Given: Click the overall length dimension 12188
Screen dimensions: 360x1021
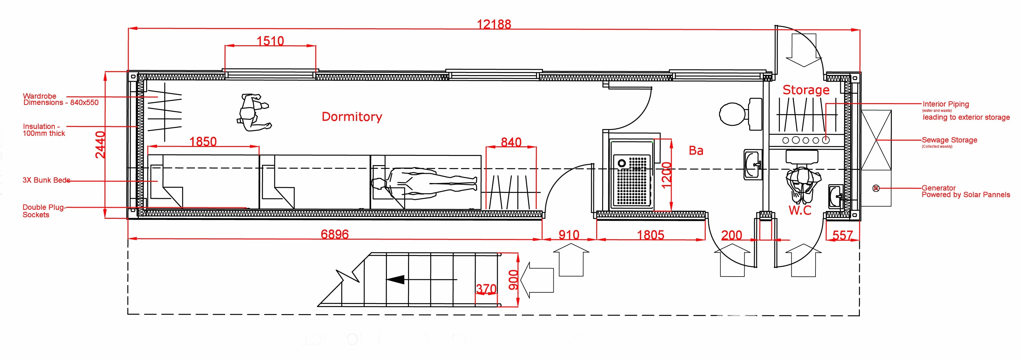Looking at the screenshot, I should click(494, 24).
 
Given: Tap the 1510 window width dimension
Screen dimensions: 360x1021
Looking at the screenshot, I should click(270, 41).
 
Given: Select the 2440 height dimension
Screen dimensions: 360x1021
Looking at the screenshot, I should click(100, 145).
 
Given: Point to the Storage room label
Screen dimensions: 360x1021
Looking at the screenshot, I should click(806, 90).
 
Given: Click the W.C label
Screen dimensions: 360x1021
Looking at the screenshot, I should click(800, 210).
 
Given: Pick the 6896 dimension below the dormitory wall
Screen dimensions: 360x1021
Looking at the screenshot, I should click(334, 234).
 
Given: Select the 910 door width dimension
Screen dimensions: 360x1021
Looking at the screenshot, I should click(569, 235).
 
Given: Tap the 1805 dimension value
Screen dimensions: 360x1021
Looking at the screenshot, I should click(650, 235).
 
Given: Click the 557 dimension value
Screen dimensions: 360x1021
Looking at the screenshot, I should click(842, 235).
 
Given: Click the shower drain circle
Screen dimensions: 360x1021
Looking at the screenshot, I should click(622, 163).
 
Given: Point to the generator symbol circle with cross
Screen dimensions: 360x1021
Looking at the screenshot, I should click(876, 188).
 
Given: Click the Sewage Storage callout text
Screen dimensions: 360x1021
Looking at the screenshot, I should click(949, 140).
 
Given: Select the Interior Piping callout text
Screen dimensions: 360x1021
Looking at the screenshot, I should click(946, 104).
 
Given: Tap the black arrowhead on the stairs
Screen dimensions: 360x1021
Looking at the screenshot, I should click(396, 280).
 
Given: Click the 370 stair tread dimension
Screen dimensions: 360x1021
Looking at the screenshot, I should click(486, 289).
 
